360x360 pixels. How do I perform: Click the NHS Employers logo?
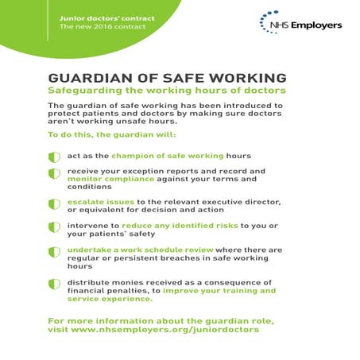click(x=301, y=24)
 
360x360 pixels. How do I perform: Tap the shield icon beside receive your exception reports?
click(x=54, y=172)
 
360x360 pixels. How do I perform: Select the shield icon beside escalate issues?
click(x=54, y=204)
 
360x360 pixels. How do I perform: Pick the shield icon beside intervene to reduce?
click(x=54, y=227)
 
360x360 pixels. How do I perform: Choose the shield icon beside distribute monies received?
click(x=54, y=283)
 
